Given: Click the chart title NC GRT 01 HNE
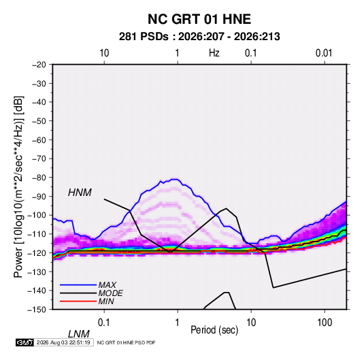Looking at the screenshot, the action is [x=199, y=19].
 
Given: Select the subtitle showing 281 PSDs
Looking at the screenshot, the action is [x=199, y=37].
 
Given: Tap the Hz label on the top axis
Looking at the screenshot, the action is [x=214, y=53].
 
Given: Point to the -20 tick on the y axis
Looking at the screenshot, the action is [x=39, y=65].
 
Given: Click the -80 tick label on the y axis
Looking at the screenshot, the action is [x=39, y=178].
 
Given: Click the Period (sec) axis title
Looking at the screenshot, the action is [x=214, y=330].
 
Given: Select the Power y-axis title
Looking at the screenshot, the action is [x=18, y=187].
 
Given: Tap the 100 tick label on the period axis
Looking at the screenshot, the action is [x=325, y=323].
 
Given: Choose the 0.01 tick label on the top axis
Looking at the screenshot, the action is [x=324, y=53].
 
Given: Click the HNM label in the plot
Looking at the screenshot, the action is [x=80, y=193].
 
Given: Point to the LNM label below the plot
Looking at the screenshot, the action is [x=79, y=334].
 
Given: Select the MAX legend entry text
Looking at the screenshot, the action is [x=107, y=284].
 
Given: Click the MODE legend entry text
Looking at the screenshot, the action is [x=110, y=293].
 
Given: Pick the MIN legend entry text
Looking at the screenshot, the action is [x=106, y=301].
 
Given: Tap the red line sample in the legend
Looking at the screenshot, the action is [x=78, y=301].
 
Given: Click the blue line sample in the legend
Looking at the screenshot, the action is [x=78, y=285].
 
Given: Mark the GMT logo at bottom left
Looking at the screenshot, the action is [x=24, y=342].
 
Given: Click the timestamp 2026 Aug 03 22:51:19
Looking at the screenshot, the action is [x=63, y=342].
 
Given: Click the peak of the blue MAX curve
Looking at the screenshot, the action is [x=175, y=179].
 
